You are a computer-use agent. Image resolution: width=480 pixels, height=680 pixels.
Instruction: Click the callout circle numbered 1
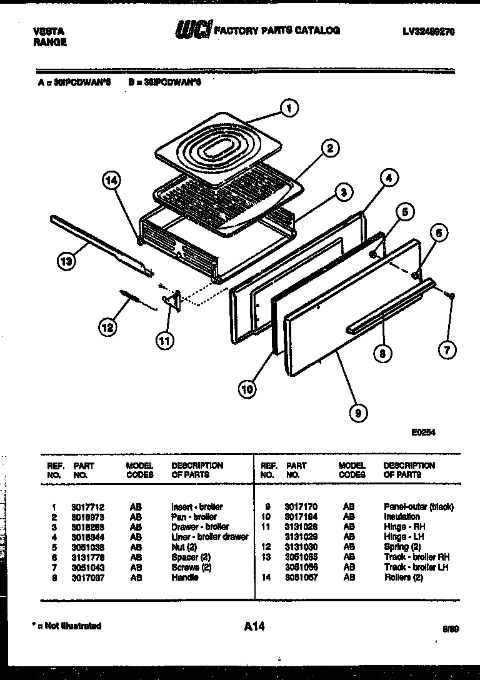pyautogui.click(x=288, y=108)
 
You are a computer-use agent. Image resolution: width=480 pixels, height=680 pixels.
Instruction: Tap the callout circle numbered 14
pyautogui.click(x=111, y=181)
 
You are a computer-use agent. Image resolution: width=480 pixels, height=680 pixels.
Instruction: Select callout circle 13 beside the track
pyautogui.click(x=66, y=262)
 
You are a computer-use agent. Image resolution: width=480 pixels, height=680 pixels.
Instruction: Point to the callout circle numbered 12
pyautogui.click(x=107, y=326)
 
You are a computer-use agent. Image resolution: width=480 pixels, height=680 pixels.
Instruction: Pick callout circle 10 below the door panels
pyautogui.click(x=247, y=389)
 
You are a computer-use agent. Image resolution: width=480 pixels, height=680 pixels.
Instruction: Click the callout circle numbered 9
pyautogui.click(x=359, y=412)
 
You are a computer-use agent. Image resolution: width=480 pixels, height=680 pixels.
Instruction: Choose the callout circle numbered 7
pyautogui.click(x=446, y=350)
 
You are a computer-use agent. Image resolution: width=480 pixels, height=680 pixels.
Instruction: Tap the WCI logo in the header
pyautogui.click(x=193, y=30)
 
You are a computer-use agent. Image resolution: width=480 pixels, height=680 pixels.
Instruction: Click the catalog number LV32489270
pyautogui.click(x=429, y=31)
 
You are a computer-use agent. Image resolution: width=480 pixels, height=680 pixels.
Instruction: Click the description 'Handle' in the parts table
pyautogui.click(x=184, y=577)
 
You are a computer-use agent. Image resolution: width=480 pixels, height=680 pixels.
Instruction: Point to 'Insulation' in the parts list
pyautogui.click(x=402, y=517)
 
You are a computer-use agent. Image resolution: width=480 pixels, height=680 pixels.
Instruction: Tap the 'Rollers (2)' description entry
pyautogui.click(x=404, y=577)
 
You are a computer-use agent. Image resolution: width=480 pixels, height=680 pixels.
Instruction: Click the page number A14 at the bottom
pyautogui.click(x=254, y=626)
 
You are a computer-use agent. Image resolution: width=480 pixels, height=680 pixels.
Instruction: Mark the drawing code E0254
pyautogui.click(x=423, y=431)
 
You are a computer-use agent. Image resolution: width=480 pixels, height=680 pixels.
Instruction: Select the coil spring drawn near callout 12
pyautogui.click(x=129, y=295)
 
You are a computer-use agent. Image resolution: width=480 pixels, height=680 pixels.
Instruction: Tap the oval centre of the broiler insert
pyautogui.click(x=219, y=150)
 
